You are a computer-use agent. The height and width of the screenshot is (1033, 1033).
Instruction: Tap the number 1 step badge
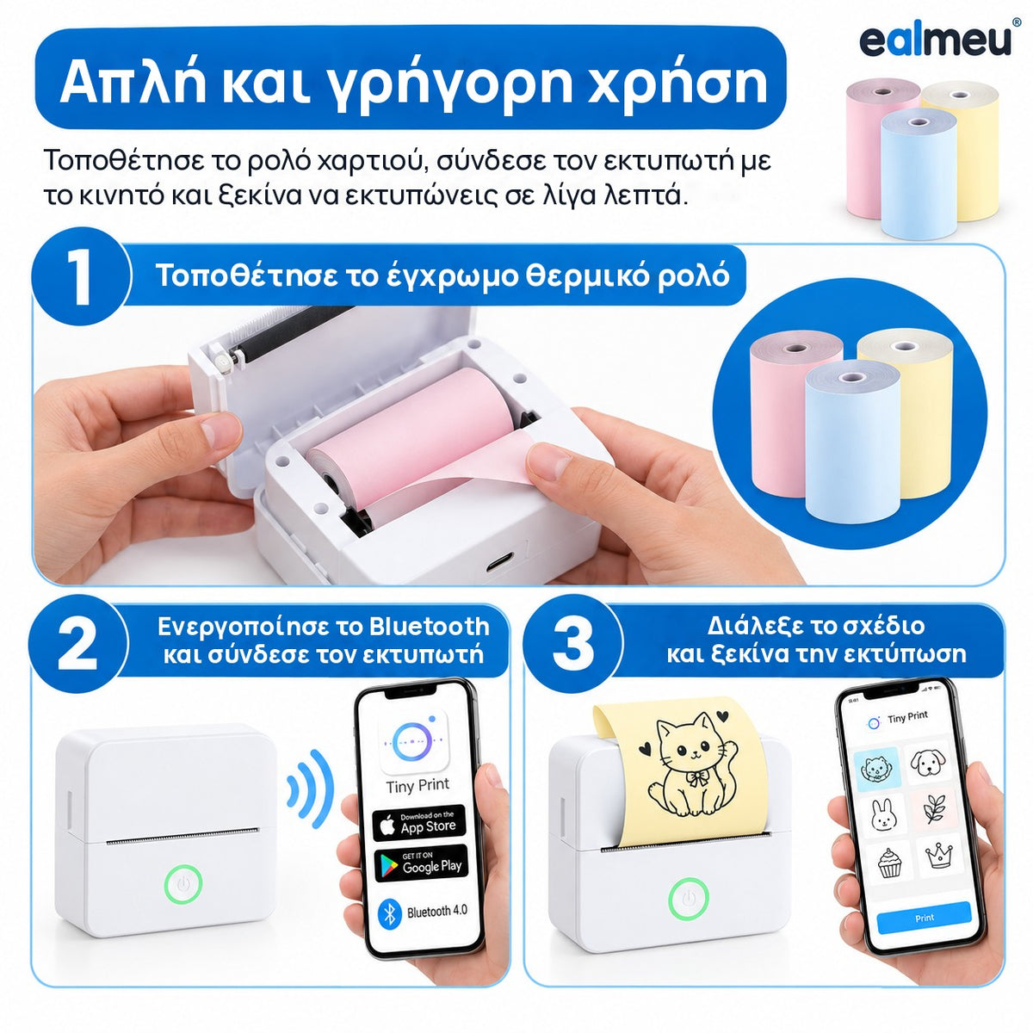[x=81, y=275]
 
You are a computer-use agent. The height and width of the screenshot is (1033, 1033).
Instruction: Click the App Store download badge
[x=419, y=825]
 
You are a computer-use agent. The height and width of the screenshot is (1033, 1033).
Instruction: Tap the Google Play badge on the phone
[x=421, y=864]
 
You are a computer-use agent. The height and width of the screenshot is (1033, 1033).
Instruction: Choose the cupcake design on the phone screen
[x=889, y=864]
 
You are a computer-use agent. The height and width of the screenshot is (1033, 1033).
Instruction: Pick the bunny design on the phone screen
[x=881, y=815]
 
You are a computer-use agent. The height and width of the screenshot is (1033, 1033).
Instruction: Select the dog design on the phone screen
[x=927, y=763]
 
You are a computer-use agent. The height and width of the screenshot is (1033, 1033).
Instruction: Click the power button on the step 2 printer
[x=183, y=883]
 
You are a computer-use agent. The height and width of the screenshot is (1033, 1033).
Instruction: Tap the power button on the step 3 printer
[x=689, y=899]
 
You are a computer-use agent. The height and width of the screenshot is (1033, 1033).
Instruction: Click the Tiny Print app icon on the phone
[x=413, y=742]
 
